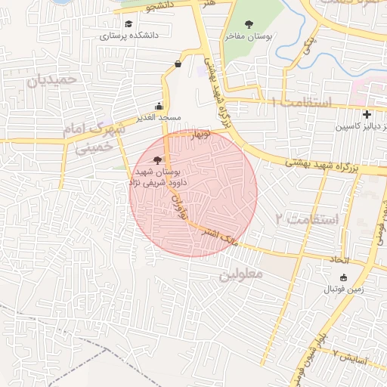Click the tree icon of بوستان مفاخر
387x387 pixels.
pos(249,23)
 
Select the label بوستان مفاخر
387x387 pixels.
pos(249,36)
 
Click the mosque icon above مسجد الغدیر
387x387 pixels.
pos(159,106)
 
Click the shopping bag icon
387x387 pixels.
pos(178,64)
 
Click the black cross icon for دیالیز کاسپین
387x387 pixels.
pos(367,115)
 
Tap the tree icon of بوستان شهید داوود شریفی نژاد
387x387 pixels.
pos(156,159)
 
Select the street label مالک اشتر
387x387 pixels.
pos(221,236)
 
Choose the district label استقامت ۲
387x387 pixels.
pos(307,219)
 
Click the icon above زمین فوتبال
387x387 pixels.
pos(344,277)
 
